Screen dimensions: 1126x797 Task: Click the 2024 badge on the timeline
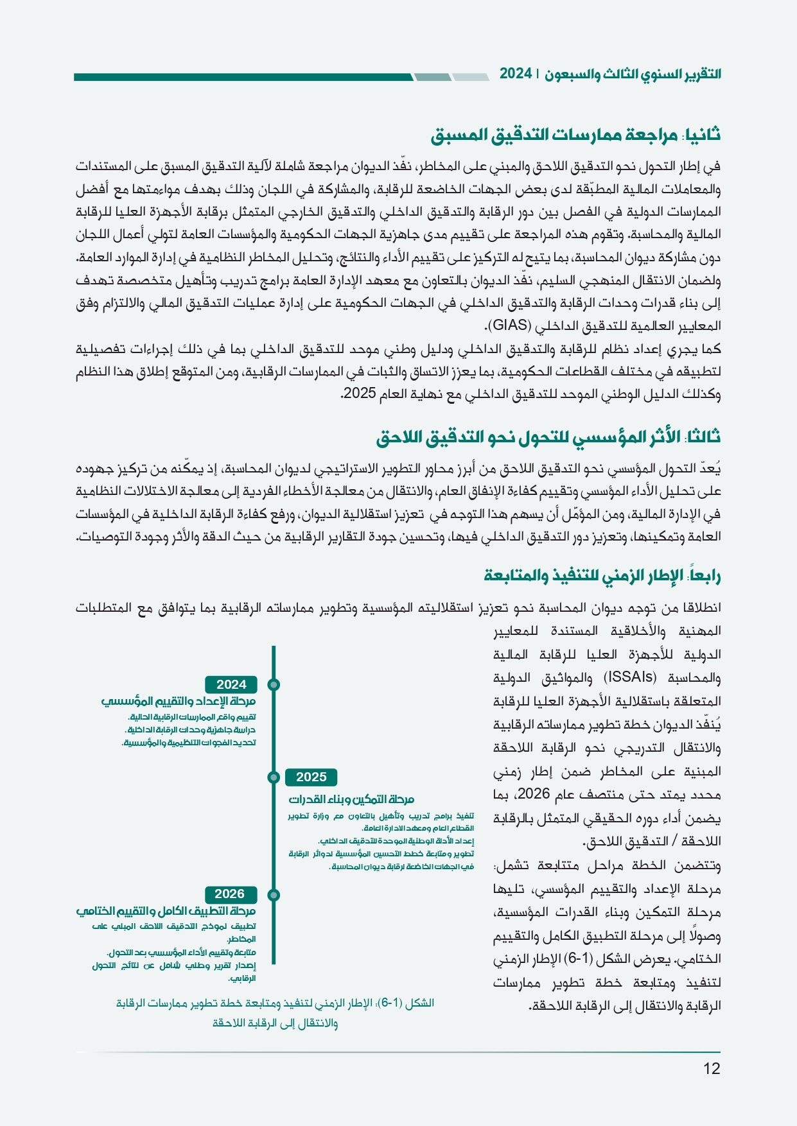[231, 684]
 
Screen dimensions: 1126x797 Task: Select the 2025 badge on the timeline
[311, 777]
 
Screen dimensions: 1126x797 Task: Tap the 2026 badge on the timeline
[230, 894]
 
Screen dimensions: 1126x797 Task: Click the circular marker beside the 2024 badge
[274, 684]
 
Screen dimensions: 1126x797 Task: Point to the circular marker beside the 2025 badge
[274, 777]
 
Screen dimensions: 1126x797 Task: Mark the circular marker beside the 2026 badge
[274, 894]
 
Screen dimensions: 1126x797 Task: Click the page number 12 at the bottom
[712, 1068]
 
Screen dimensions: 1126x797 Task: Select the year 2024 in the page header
[516, 74]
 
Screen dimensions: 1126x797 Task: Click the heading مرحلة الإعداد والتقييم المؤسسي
[179, 701]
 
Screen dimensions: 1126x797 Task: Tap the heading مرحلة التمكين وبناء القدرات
[351, 799]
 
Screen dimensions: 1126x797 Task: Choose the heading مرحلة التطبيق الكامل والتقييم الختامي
[166, 911]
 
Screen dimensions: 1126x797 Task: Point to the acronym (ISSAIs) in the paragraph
[630, 677]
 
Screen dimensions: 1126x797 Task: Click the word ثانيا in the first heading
[703, 135]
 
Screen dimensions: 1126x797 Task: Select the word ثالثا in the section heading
[704, 437]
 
